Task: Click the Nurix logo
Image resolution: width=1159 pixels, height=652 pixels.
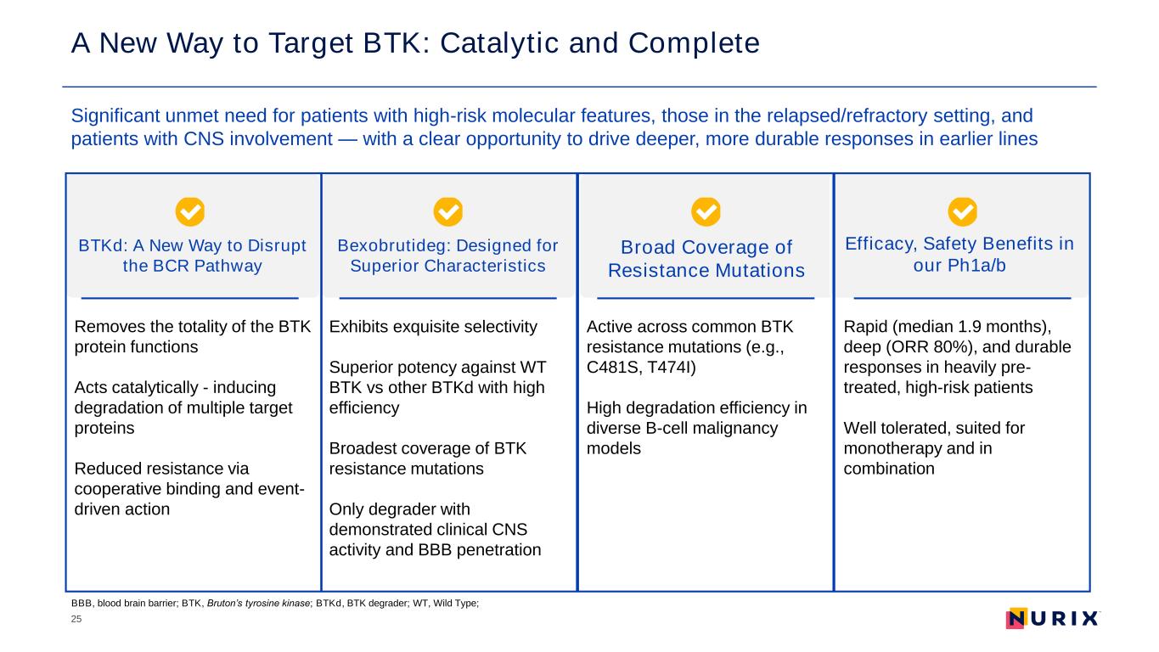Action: click(1053, 618)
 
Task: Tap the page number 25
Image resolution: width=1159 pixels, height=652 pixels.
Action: click(76, 619)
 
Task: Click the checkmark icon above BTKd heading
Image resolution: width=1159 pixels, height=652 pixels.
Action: click(190, 211)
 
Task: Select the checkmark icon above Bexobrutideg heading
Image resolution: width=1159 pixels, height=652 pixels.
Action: click(448, 211)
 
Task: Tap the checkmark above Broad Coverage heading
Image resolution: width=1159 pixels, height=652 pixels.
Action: click(706, 211)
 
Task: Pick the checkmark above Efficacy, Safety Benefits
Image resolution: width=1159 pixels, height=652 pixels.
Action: click(962, 211)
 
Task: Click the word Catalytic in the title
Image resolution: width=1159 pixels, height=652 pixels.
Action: click(499, 43)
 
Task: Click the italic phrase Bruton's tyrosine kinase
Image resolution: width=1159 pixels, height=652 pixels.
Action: click(259, 603)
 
